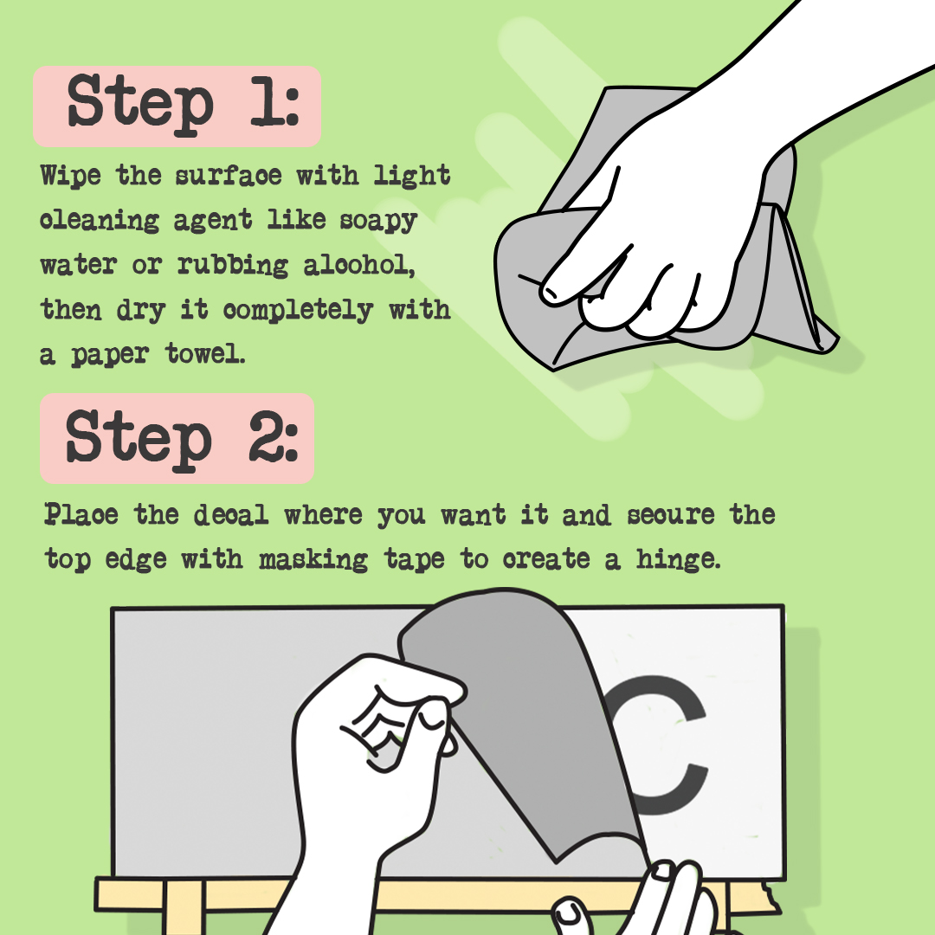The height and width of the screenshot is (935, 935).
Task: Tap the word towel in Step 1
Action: point(206,355)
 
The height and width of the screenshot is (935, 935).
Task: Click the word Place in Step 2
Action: point(82,515)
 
